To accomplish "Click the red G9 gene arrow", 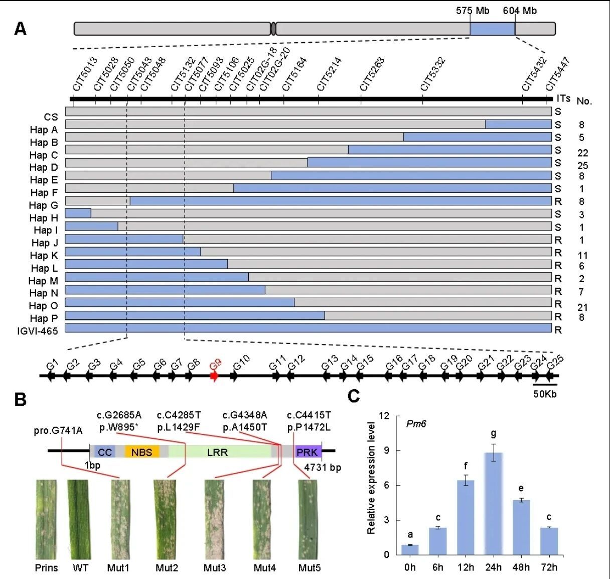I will pos(214,376).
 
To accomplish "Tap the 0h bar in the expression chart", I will pos(410,549).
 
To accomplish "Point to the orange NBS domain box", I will pos(142,451).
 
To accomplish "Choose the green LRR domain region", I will pos(218,451).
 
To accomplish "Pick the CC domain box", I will pos(105,451).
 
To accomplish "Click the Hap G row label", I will pos(44,205).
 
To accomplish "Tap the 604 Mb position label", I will pos(520,11).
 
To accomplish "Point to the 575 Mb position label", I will pos(473,11).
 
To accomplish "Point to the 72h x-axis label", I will pos(549,567).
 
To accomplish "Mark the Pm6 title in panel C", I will pos(416,424).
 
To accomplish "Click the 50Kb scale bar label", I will pos(544,394).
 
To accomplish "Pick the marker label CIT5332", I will pos(432,74).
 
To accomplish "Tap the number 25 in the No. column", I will pos(582,166).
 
